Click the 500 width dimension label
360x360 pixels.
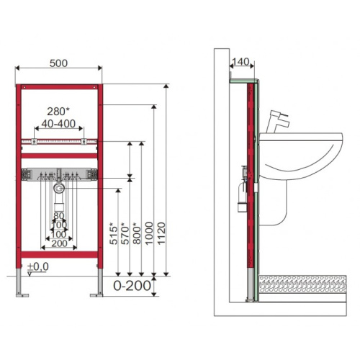click(58, 63)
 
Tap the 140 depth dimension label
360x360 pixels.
click(241, 62)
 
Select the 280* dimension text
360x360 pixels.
click(58, 112)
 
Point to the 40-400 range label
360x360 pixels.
click(58, 124)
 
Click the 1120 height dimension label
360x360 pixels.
click(161, 233)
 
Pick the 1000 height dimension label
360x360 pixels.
click(149, 233)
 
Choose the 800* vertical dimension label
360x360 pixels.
click(137, 233)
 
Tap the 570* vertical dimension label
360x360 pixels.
click(125, 233)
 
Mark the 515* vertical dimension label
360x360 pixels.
click(114, 233)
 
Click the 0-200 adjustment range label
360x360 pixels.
click(132, 286)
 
